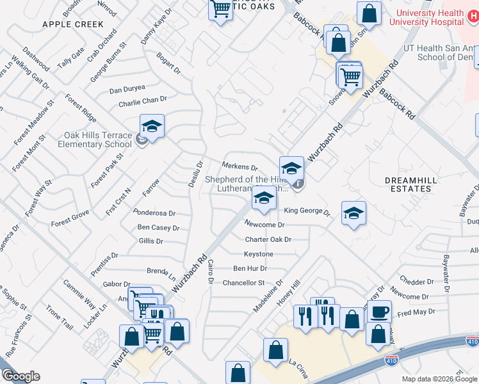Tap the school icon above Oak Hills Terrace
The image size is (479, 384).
[152, 126]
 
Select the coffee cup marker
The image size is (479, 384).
[379, 312]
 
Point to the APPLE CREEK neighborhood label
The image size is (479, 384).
[73, 24]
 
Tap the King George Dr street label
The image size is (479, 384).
[306, 211]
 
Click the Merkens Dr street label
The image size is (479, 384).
[239, 167]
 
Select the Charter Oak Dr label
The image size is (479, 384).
[268, 239]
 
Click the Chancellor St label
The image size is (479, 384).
[243, 282]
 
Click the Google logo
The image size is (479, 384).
[20, 376]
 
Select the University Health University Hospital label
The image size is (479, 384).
[429, 17]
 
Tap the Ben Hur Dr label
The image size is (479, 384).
[249, 268]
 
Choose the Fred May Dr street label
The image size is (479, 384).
[416, 312]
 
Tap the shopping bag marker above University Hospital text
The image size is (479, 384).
[369, 13]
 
